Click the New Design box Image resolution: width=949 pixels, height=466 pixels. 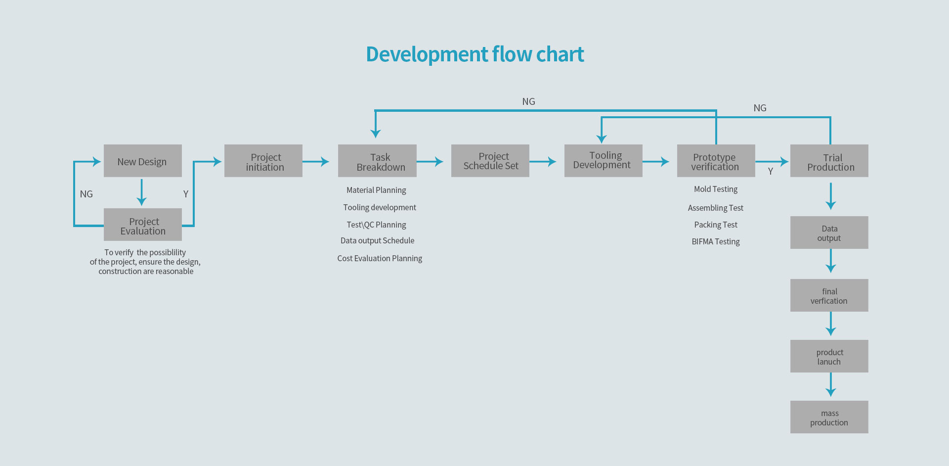coord(143,161)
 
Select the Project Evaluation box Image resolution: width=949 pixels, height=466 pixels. coord(143,225)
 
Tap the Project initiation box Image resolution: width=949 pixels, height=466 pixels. coord(263,161)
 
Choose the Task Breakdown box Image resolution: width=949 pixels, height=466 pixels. coord(377,161)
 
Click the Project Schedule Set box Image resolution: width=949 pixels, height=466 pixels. coord(490,161)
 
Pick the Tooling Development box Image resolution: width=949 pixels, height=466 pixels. coord(604,161)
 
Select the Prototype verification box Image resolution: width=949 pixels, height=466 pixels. coord(716,161)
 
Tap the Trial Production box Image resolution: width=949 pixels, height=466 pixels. coord(829,161)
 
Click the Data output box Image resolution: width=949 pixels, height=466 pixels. coord(829,233)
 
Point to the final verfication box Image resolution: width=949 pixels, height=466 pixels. coord(829,295)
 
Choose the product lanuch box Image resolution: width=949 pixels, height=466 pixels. coord(829,356)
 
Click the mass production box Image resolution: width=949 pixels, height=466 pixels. coord(829,417)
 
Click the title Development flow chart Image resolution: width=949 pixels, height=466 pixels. coord(475,54)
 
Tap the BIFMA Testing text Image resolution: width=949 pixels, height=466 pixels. coord(716,241)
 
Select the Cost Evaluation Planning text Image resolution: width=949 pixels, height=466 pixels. coord(380,258)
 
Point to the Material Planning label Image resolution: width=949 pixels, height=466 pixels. coord(376,190)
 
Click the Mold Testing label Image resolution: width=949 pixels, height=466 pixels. coord(716,189)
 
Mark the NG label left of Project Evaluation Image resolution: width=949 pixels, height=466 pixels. coord(86,194)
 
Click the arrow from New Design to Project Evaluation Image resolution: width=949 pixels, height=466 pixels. coord(141,192)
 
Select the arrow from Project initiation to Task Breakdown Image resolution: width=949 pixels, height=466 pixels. coord(316,161)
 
